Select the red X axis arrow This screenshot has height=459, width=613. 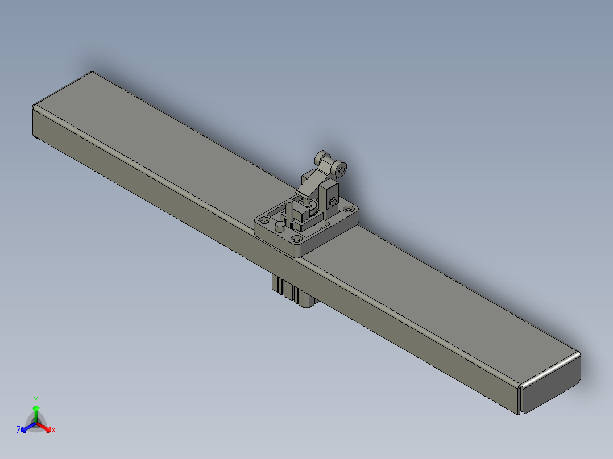point(44,427)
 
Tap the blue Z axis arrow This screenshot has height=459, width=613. point(28,427)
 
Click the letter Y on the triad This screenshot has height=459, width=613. point(36,399)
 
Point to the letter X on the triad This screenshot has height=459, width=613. point(53,430)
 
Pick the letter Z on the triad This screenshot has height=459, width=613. point(19,429)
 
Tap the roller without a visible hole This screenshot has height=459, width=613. point(322,158)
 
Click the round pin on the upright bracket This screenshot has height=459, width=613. point(333,202)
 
